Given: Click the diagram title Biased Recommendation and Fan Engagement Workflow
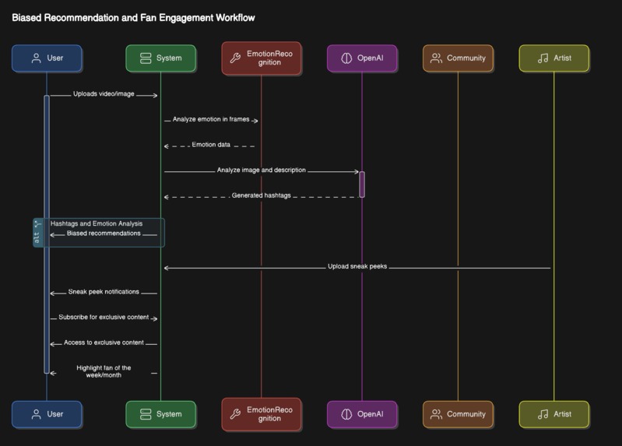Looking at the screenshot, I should pos(133,17).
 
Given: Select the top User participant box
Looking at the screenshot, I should pos(47,58).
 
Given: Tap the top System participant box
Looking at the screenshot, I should pos(160,58).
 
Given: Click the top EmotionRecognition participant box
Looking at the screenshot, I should pos(261,58).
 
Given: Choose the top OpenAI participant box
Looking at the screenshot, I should pos(361,58).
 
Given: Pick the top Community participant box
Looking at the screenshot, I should pos(458,58).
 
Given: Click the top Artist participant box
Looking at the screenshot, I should pos(553,58).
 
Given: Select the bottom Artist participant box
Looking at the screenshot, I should pos(553,414).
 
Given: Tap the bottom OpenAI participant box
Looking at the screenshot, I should pos(361,414).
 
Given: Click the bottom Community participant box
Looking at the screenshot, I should pos(458,414).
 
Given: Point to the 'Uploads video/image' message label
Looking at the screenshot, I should pos(104,94).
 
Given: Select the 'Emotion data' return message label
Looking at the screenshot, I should pos(210,145).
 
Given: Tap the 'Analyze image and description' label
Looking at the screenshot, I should pos(262,170).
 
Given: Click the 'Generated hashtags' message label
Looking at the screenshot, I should pos(261,195).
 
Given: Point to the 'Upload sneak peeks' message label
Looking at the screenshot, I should pos(357,266).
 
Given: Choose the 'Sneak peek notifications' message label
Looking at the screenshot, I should pos(104,292).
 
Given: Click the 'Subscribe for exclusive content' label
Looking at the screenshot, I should pos(104,318).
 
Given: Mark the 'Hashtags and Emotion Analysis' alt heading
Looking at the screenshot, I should pos(97,223).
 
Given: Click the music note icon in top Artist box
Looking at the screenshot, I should pos(543,58).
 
